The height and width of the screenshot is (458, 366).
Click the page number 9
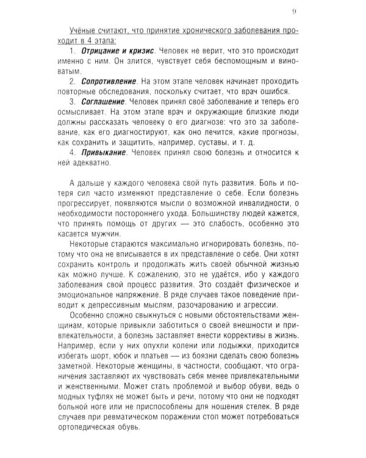coord(295,11)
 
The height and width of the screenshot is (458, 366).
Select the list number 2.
coord(72,81)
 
